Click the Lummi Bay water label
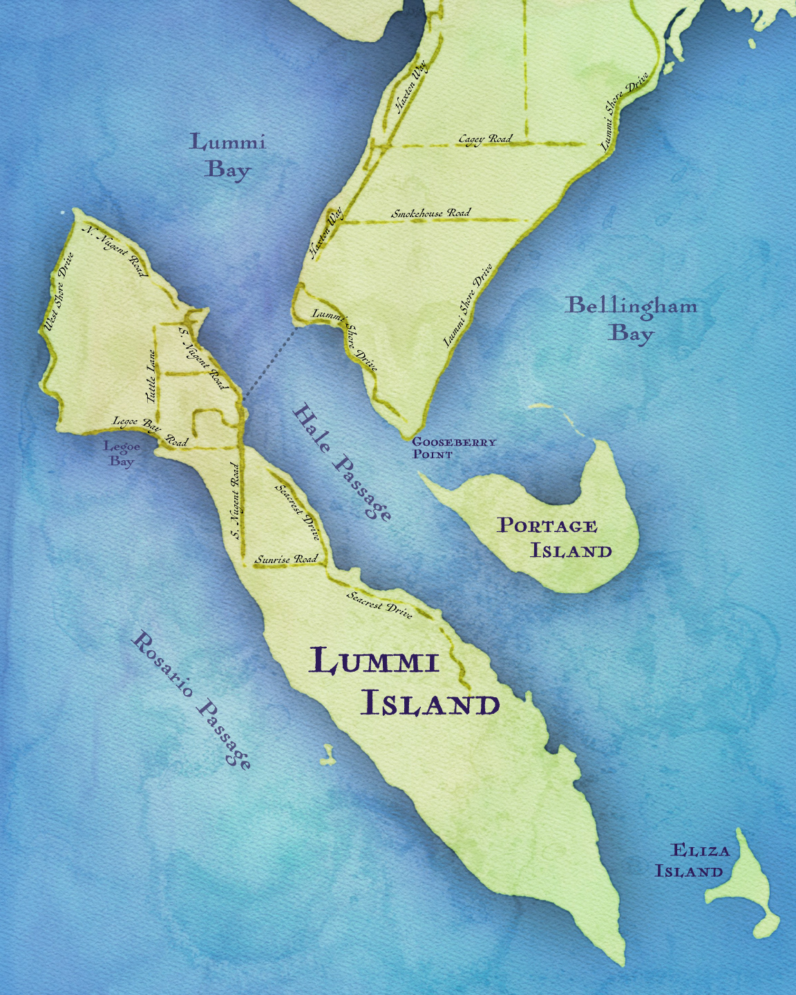click(x=227, y=156)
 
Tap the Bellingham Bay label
click(x=631, y=319)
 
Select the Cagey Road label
click(x=486, y=139)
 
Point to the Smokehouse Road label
click(x=430, y=213)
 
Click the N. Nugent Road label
click(x=116, y=251)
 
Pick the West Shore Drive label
click(x=59, y=292)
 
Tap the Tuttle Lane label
click(x=151, y=377)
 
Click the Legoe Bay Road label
click(x=150, y=430)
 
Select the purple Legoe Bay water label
click(x=122, y=454)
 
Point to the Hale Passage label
click(x=342, y=462)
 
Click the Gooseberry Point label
click(x=453, y=448)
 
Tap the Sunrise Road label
click(x=286, y=559)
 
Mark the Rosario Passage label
click(x=191, y=699)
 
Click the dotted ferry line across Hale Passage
click(x=271, y=363)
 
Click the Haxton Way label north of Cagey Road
click(x=411, y=88)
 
